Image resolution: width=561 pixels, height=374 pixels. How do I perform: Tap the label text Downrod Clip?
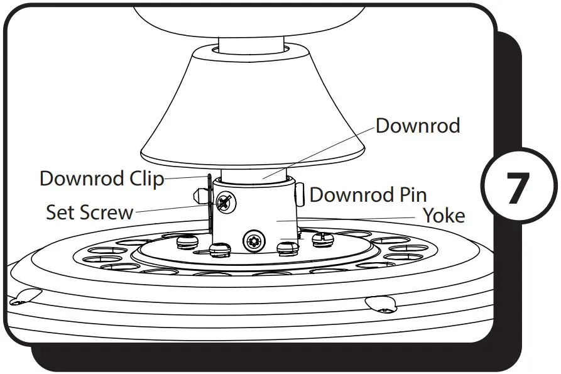pos(101,179)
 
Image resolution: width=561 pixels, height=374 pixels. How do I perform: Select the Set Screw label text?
pos(89,212)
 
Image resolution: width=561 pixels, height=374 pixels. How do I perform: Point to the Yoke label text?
pos(444,216)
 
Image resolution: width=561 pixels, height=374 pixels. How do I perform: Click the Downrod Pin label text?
pos(368,195)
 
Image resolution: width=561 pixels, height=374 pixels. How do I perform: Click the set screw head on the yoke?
pos(224,202)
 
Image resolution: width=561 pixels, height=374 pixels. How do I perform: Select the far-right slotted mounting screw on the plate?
pos(322,238)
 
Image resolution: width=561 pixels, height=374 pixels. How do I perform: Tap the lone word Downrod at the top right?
pos(418,126)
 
